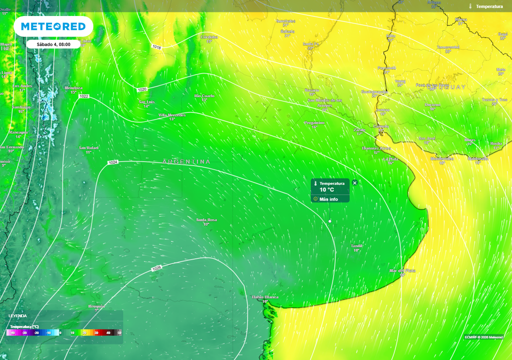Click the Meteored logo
[x=53, y=26]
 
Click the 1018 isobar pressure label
[x=156, y=47]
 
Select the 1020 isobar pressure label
[x=142, y=89]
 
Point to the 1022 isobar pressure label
[x=83, y=96]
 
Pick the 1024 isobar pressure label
[x=112, y=162]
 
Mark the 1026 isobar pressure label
[x=156, y=269]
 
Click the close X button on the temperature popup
[x=354, y=183]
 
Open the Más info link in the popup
[x=328, y=199]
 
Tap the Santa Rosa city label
[x=206, y=220]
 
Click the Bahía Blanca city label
[x=265, y=297]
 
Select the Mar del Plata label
[x=402, y=270]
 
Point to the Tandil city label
[x=356, y=246]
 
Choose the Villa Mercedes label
[x=171, y=115]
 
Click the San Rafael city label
[x=88, y=148]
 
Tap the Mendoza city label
[x=73, y=88]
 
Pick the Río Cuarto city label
[x=204, y=95]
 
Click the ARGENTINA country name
[x=186, y=161]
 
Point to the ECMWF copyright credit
[x=483, y=337]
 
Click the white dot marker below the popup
[x=330, y=221]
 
